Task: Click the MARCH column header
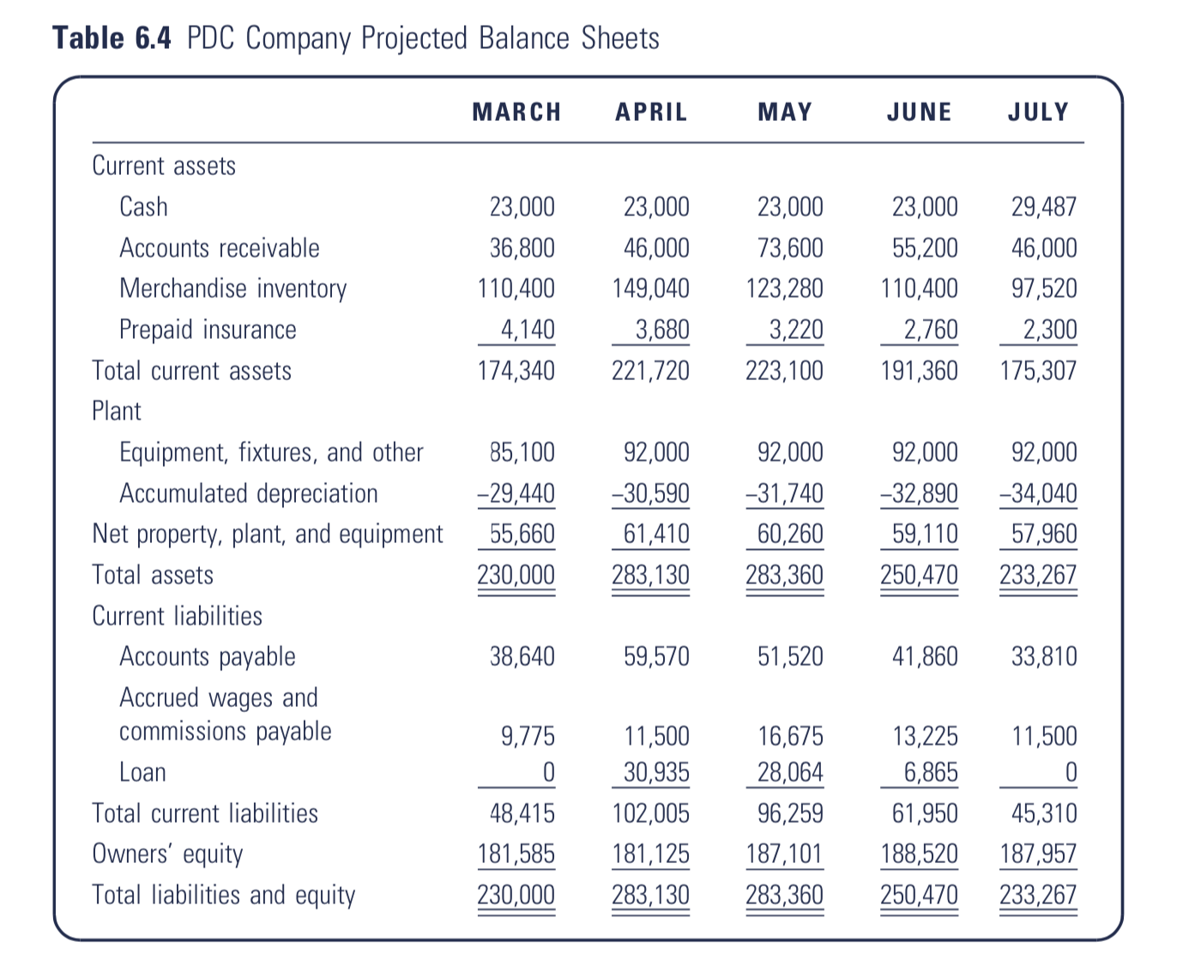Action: click(x=516, y=112)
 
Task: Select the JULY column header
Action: click(x=1038, y=112)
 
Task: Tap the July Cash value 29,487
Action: click(x=1044, y=207)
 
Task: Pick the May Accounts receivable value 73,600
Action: click(x=790, y=248)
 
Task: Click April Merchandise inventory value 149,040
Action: click(x=651, y=288)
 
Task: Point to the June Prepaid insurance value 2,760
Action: click(x=930, y=329)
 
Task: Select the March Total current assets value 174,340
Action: click(x=516, y=371)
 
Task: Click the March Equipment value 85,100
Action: click(x=522, y=452)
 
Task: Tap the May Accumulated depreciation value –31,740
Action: click(x=785, y=493)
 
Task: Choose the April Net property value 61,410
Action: click(x=656, y=534)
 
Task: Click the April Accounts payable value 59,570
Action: click(x=656, y=656)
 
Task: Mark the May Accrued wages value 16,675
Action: click(x=790, y=736)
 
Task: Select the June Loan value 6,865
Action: click(x=930, y=772)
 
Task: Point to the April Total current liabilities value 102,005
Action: click(x=651, y=813)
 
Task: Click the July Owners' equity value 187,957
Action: click(x=1038, y=854)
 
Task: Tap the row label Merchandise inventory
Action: click(x=232, y=289)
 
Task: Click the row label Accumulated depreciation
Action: click(x=248, y=494)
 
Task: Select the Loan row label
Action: click(x=142, y=772)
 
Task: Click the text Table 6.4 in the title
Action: click(x=112, y=38)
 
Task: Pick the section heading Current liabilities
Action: click(x=177, y=616)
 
